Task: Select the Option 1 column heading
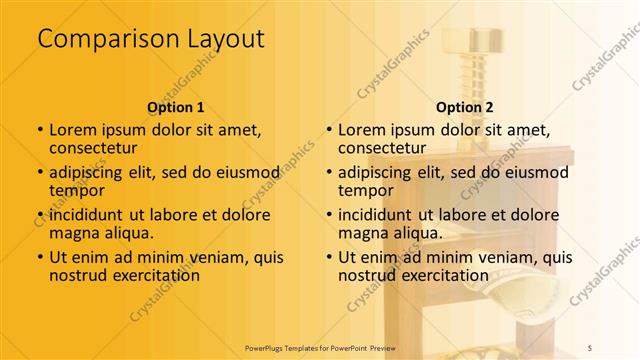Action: pos(176,106)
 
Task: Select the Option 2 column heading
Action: pos(465,106)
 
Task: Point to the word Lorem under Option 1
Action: pos(71,130)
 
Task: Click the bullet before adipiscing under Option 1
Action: pos(39,173)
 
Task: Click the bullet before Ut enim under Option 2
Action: pos(329,258)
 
